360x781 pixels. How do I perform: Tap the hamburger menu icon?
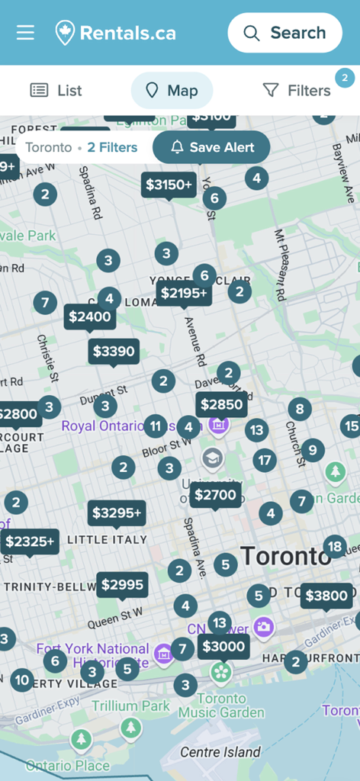[x=26, y=33]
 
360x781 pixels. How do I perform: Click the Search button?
[x=284, y=33]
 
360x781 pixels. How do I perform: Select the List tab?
[x=56, y=91]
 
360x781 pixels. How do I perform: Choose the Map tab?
[x=172, y=91]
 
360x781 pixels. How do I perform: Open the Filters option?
[x=297, y=91]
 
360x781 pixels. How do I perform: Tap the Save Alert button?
[x=211, y=147]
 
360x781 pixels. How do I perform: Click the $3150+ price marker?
[x=169, y=185]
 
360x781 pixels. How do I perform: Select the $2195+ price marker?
[x=184, y=293]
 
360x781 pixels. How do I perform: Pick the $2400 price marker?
[x=90, y=317]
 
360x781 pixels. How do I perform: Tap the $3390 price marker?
[x=114, y=352]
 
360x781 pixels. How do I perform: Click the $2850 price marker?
[x=221, y=405]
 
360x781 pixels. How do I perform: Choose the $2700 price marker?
[x=215, y=495]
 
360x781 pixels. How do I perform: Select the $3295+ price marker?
[x=117, y=513]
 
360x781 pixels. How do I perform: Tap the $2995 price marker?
[x=122, y=585]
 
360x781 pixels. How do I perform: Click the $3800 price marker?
[x=326, y=596]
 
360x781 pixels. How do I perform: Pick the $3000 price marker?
[x=224, y=647]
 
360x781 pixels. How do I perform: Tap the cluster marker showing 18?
[x=334, y=546]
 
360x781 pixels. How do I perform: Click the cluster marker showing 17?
[x=265, y=460]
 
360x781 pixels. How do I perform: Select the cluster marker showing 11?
[x=156, y=426]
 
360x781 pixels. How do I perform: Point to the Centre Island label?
[x=220, y=752]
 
